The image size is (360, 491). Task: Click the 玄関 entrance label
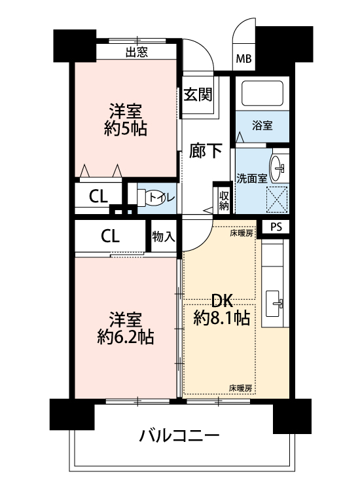point(198,94)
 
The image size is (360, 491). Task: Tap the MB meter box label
point(243,58)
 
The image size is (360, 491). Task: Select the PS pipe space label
point(276,227)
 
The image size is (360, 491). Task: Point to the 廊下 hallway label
point(206,151)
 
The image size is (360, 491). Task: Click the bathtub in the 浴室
point(262,93)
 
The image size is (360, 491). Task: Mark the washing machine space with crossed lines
point(276,199)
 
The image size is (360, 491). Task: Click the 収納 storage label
point(224,201)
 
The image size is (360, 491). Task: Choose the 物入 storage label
point(164,236)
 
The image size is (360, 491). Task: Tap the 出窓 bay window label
point(137,52)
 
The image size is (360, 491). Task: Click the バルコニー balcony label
point(179,436)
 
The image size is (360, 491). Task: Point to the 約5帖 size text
point(126,128)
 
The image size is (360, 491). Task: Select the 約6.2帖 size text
point(125,337)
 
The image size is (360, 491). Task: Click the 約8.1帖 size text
point(222,318)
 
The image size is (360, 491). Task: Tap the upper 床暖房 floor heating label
point(242,233)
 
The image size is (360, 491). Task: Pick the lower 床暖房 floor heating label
point(240,389)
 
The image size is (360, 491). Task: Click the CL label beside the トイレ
point(98,196)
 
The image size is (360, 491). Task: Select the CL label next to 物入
point(110,236)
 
